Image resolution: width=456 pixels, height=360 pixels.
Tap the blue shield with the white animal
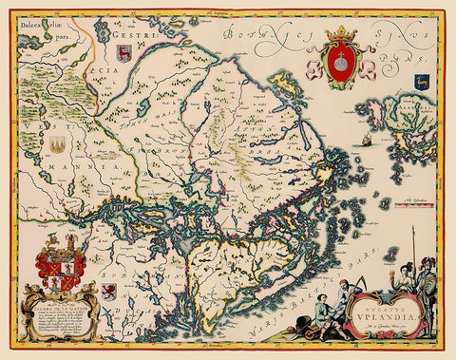[425, 85]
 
